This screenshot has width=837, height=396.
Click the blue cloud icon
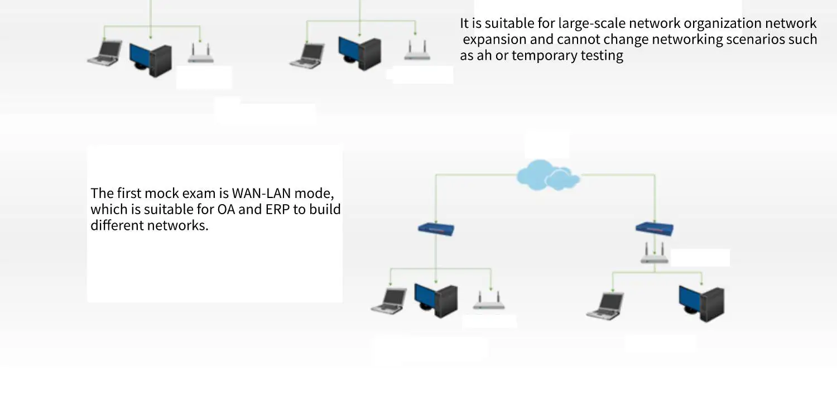tap(548, 175)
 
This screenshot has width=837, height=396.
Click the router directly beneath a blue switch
tap(655, 253)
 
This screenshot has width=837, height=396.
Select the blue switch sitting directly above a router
tap(655, 229)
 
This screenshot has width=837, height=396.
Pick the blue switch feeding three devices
tap(436, 229)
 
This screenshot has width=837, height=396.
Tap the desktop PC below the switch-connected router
tap(701, 303)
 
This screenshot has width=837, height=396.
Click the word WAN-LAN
tap(262, 193)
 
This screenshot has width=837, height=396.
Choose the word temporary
tap(544, 56)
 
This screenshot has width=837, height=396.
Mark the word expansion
tap(494, 40)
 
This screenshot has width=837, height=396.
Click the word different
tap(117, 225)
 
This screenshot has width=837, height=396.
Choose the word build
tap(325, 209)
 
